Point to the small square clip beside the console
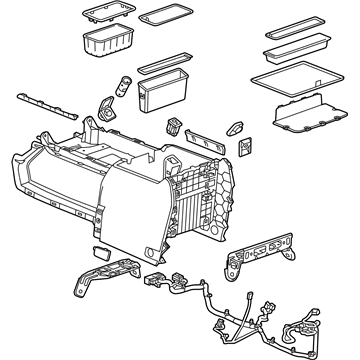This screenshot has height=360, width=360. (x=246, y=146)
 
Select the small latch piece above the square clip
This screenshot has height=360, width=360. (x=240, y=128)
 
